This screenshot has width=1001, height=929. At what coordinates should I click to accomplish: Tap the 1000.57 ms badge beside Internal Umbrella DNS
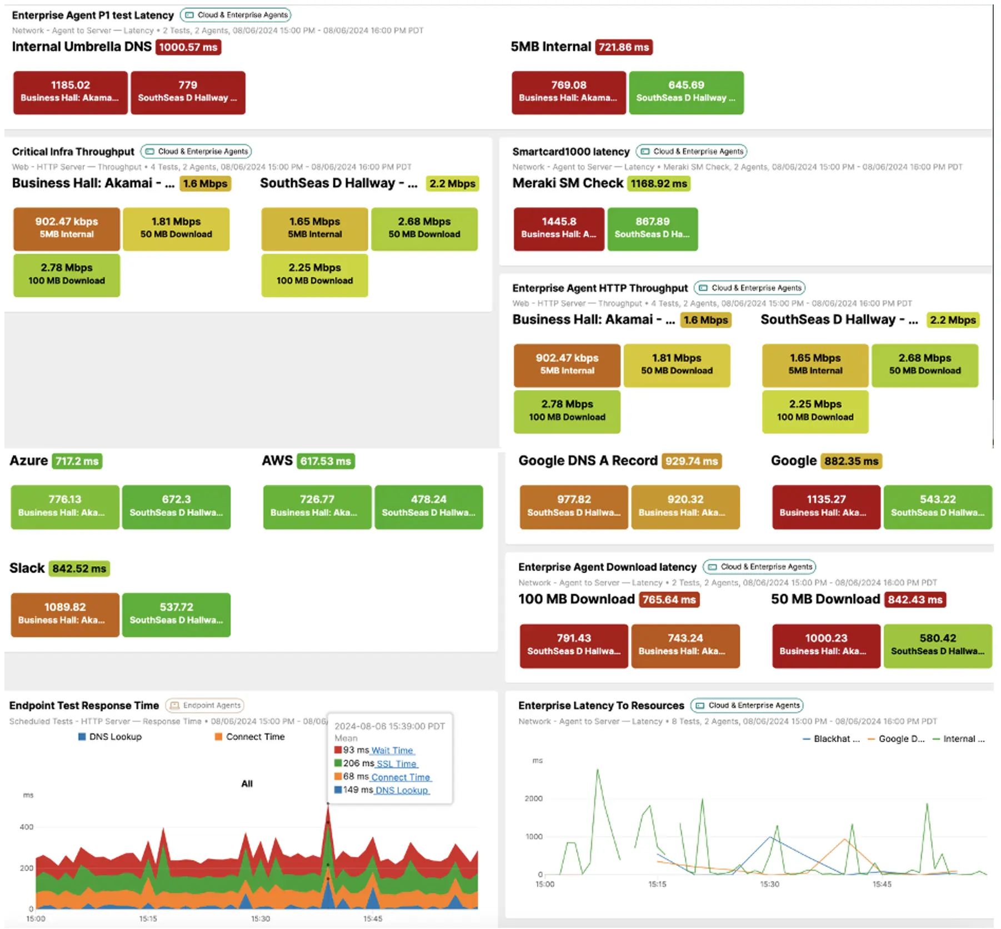point(188,47)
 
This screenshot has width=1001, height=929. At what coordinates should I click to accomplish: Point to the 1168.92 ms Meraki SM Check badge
point(659,183)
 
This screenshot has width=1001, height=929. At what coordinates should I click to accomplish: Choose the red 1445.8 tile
point(558,228)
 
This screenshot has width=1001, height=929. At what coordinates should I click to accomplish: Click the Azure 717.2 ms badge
point(77,461)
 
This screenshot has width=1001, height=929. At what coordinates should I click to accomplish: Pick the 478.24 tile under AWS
point(428,506)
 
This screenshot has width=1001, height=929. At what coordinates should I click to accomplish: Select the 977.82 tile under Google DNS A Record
point(574,506)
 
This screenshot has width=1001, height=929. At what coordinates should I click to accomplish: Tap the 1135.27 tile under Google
point(826,506)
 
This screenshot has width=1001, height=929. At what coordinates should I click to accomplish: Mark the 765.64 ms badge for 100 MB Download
point(669,600)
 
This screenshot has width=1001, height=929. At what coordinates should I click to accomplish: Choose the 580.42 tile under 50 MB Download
point(938,645)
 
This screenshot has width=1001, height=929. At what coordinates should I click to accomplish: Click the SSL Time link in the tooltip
point(397,764)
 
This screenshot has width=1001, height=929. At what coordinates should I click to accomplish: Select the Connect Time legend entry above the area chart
point(255,737)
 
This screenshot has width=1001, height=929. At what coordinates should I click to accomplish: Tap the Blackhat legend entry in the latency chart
point(836,739)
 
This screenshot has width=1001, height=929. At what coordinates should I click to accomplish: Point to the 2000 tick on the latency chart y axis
point(533,798)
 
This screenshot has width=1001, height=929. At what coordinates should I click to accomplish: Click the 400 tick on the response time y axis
point(27,827)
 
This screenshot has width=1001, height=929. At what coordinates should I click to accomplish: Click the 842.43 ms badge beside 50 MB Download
point(915,600)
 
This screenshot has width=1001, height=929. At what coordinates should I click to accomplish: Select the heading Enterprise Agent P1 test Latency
point(93,15)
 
